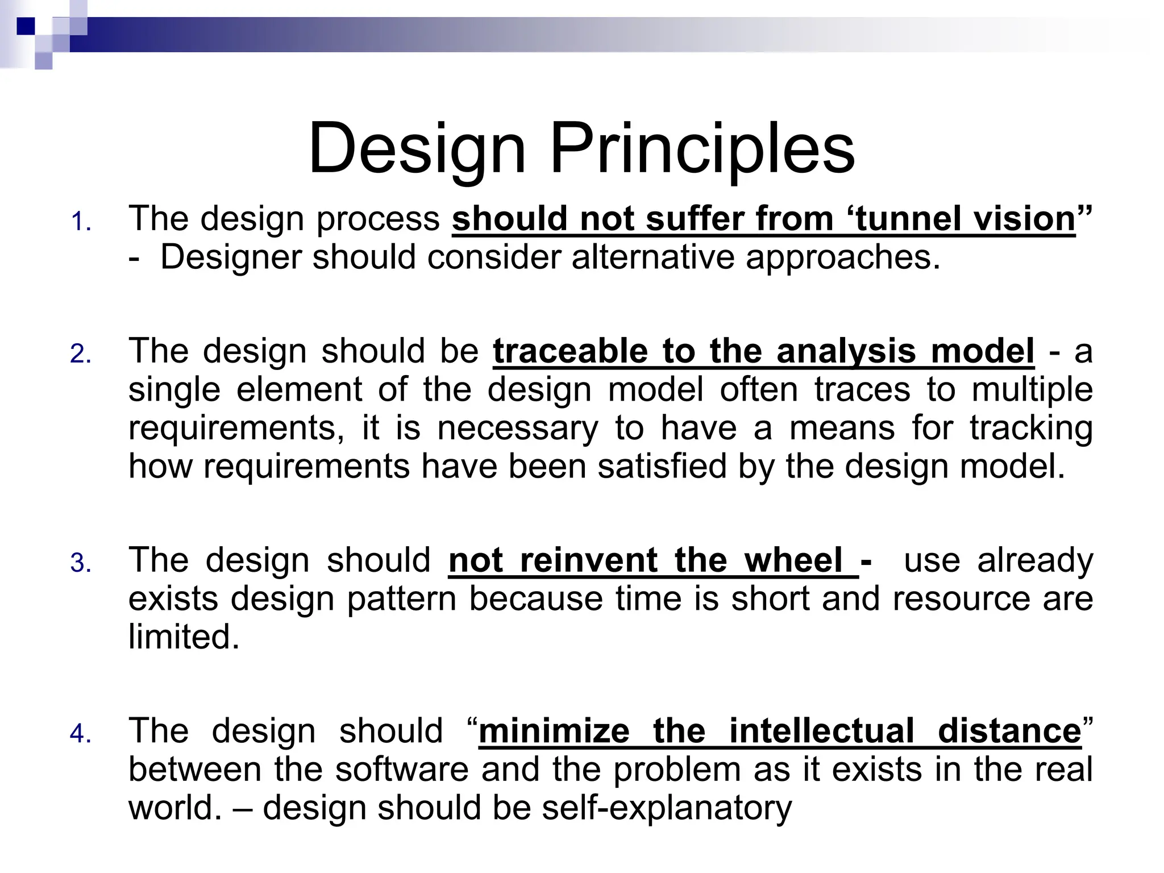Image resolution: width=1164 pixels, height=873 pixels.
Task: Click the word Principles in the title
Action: pyautogui.click(x=702, y=149)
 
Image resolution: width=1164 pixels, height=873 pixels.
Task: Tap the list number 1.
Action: pyautogui.click(x=81, y=222)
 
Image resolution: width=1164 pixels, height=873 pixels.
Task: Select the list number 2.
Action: pyautogui.click(x=81, y=354)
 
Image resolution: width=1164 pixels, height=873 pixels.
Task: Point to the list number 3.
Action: pyautogui.click(x=81, y=563)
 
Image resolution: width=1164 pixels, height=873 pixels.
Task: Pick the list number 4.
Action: pyautogui.click(x=81, y=734)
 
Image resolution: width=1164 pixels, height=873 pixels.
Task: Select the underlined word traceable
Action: pyautogui.click(x=570, y=351)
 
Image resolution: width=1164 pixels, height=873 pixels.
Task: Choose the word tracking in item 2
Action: pyautogui.click(x=1031, y=429)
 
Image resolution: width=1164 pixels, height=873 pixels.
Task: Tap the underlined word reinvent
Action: pyautogui.click(x=589, y=560)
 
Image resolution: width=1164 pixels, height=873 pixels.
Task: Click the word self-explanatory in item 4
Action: pyautogui.click(x=666, y=808)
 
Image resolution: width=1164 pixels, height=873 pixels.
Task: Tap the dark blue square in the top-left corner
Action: pyautogui.click(x=26, y=26)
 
